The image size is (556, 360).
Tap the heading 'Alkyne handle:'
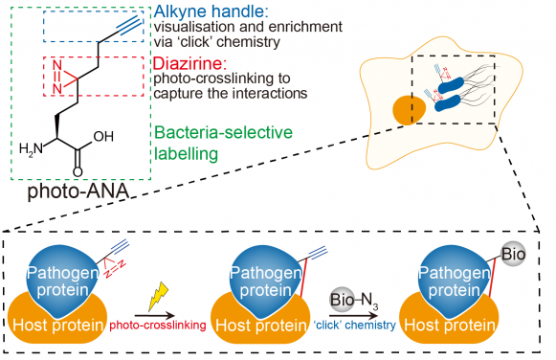pos(202,12)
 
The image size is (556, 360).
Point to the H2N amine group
pos(31,148)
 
